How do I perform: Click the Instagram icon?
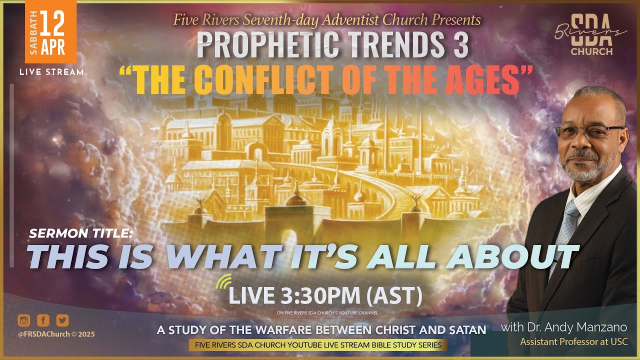tap(23, 320)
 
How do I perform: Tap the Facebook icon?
tap(43, 320)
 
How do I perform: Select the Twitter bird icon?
tap(62, 320)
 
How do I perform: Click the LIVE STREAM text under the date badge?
tap(51, 72)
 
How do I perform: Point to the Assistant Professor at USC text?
tap(573, 342)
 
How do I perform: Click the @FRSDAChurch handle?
tap(44, 334)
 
